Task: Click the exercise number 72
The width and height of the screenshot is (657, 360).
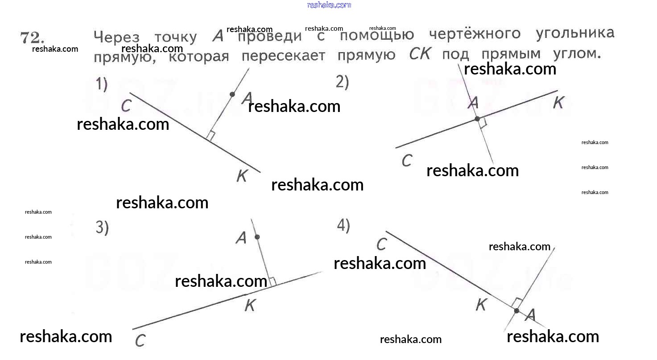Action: point(31,38)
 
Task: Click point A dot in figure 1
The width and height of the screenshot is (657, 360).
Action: point(232,94)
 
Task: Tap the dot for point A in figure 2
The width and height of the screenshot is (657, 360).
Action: point(477,119)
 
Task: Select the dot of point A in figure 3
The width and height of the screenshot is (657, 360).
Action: point(257,237)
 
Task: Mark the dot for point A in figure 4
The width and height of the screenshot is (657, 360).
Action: point(516,310)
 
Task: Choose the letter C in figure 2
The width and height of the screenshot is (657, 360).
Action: point(406,161)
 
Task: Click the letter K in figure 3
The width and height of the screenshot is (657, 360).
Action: point(250,306)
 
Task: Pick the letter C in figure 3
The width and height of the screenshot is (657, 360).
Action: point(140,341)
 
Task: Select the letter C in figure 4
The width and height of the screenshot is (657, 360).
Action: point(381,244)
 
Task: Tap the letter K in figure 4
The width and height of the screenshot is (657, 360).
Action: point(481,305)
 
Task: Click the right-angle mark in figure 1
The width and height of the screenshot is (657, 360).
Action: point(211,136)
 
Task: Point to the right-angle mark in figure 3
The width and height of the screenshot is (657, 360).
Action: point(273,281)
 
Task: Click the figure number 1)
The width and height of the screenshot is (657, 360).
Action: point(102,84)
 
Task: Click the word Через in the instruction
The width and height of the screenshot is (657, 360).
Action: point(116,38)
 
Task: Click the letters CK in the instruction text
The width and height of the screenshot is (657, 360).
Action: point(420,54)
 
